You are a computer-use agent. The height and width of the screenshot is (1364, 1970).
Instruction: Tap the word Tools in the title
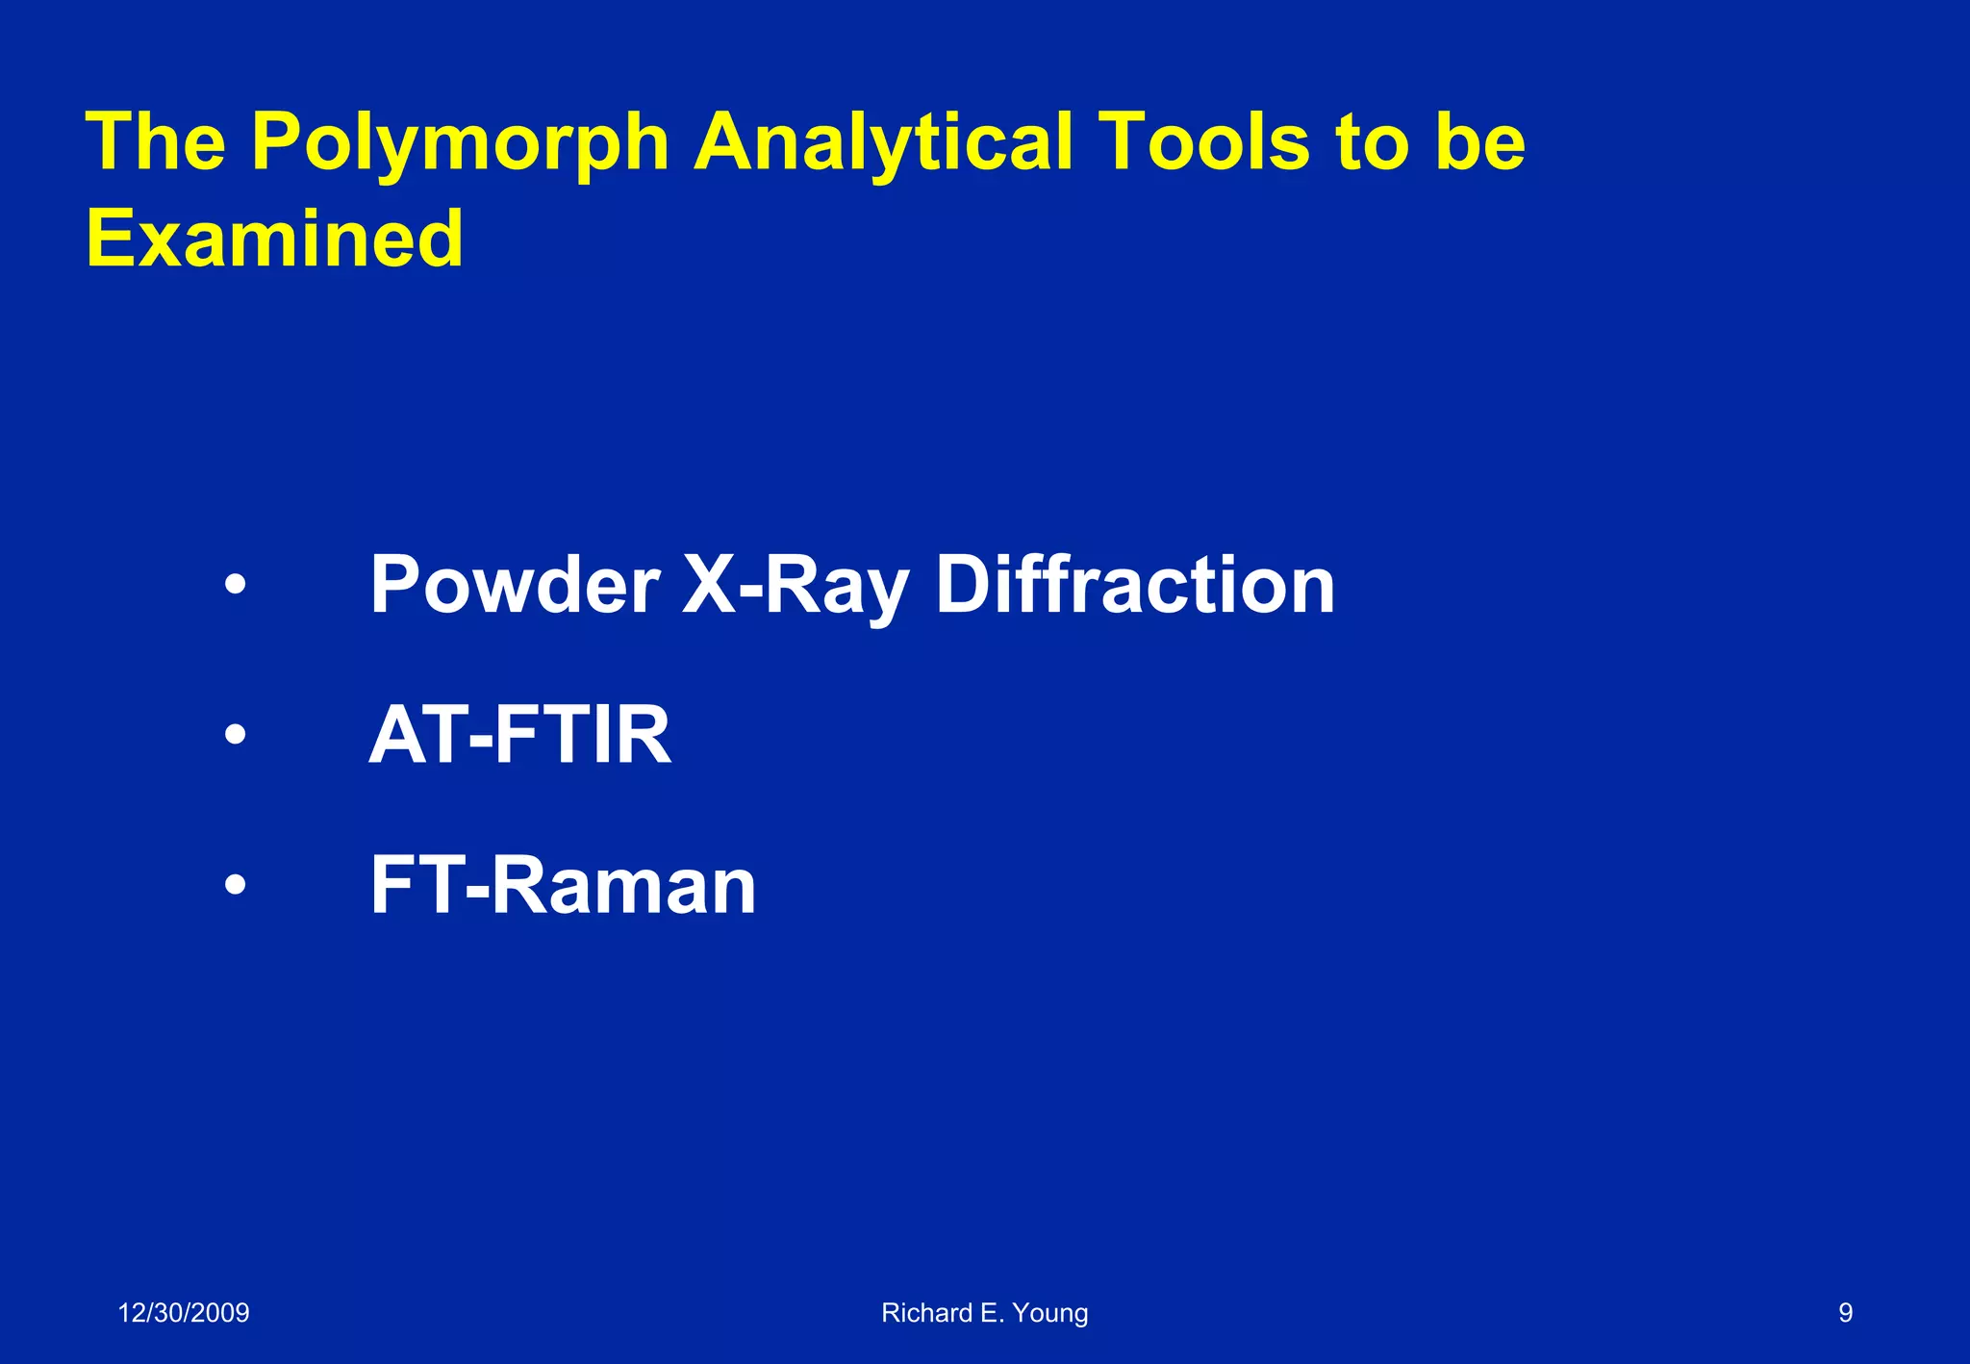(x=1204, y=142)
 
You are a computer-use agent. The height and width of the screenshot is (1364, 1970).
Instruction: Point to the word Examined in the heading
(x=275, y=239)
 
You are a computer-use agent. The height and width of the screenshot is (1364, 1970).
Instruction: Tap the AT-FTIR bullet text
(x=520, y=735)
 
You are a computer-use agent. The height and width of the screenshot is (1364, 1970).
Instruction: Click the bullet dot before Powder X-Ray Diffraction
(x=235, y=585)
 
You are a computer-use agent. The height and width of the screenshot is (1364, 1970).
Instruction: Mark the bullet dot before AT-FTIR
(x=235, y=736)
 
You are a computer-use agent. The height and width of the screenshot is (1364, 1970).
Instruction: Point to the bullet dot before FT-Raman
(x=235, y=886)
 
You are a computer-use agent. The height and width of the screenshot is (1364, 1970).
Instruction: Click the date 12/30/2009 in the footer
(x=184, y=1313)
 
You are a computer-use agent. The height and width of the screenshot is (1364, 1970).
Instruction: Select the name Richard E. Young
(x=985, y=1313)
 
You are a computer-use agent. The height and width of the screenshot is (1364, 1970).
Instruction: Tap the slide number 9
(x=1845, y=1313)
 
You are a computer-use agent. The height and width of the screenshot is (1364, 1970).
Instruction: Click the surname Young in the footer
(x=1050, y=1313)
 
